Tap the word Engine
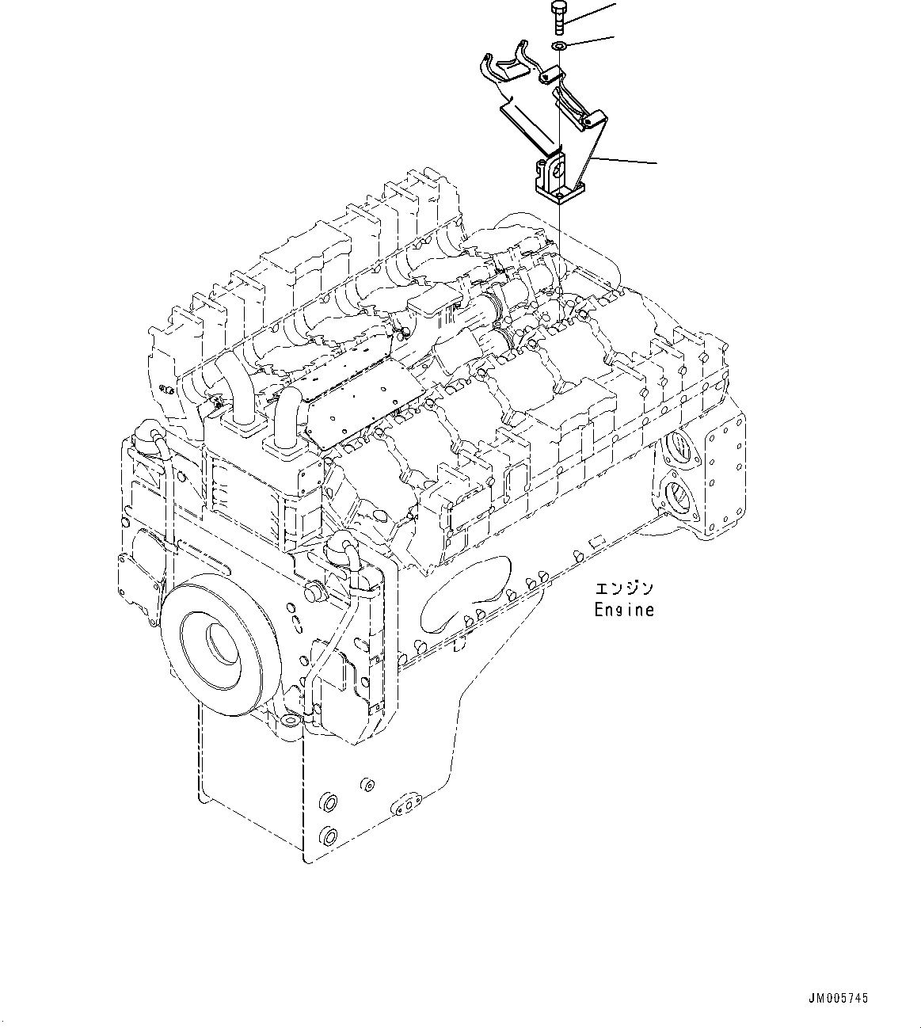[625, 610]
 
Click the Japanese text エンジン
[625, 589]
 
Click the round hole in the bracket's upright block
[558, 169]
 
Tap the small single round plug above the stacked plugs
[367, 785]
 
